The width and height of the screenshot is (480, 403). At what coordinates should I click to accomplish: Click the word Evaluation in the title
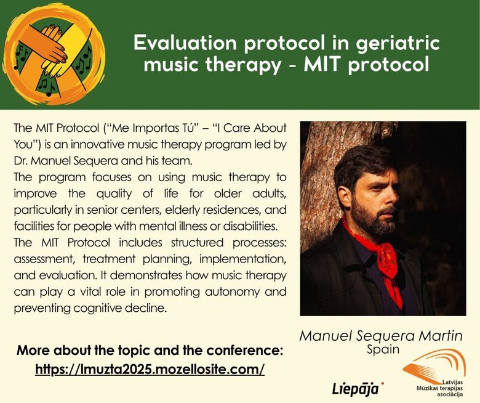pyautogui.click(x=185, y=43)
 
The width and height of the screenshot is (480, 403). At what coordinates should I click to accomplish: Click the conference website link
pyautogui.click(x=150, y=369)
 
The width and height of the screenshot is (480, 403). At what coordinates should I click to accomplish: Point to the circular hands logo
pyautogui.click(x=54, y=55)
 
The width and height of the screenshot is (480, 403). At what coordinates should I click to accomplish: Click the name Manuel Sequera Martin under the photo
pyautogui.click(x=381, y=336)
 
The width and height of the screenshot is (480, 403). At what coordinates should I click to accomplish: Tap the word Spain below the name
pyautogui.click(x=383, y=349)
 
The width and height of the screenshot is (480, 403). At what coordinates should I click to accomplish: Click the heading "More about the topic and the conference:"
pyautogui.click(x=150, y=350)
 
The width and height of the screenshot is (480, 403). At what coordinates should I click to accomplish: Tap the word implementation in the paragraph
pyautogui.click(x=242, y=259)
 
